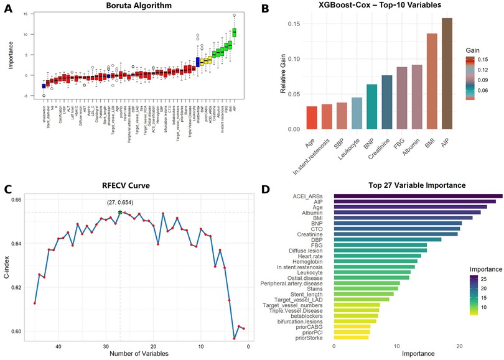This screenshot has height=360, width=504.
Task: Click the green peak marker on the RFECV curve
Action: [120, 212]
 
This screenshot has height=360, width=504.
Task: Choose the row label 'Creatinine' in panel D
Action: [314, 234]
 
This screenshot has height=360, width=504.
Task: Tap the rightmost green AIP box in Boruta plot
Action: [235, 32]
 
